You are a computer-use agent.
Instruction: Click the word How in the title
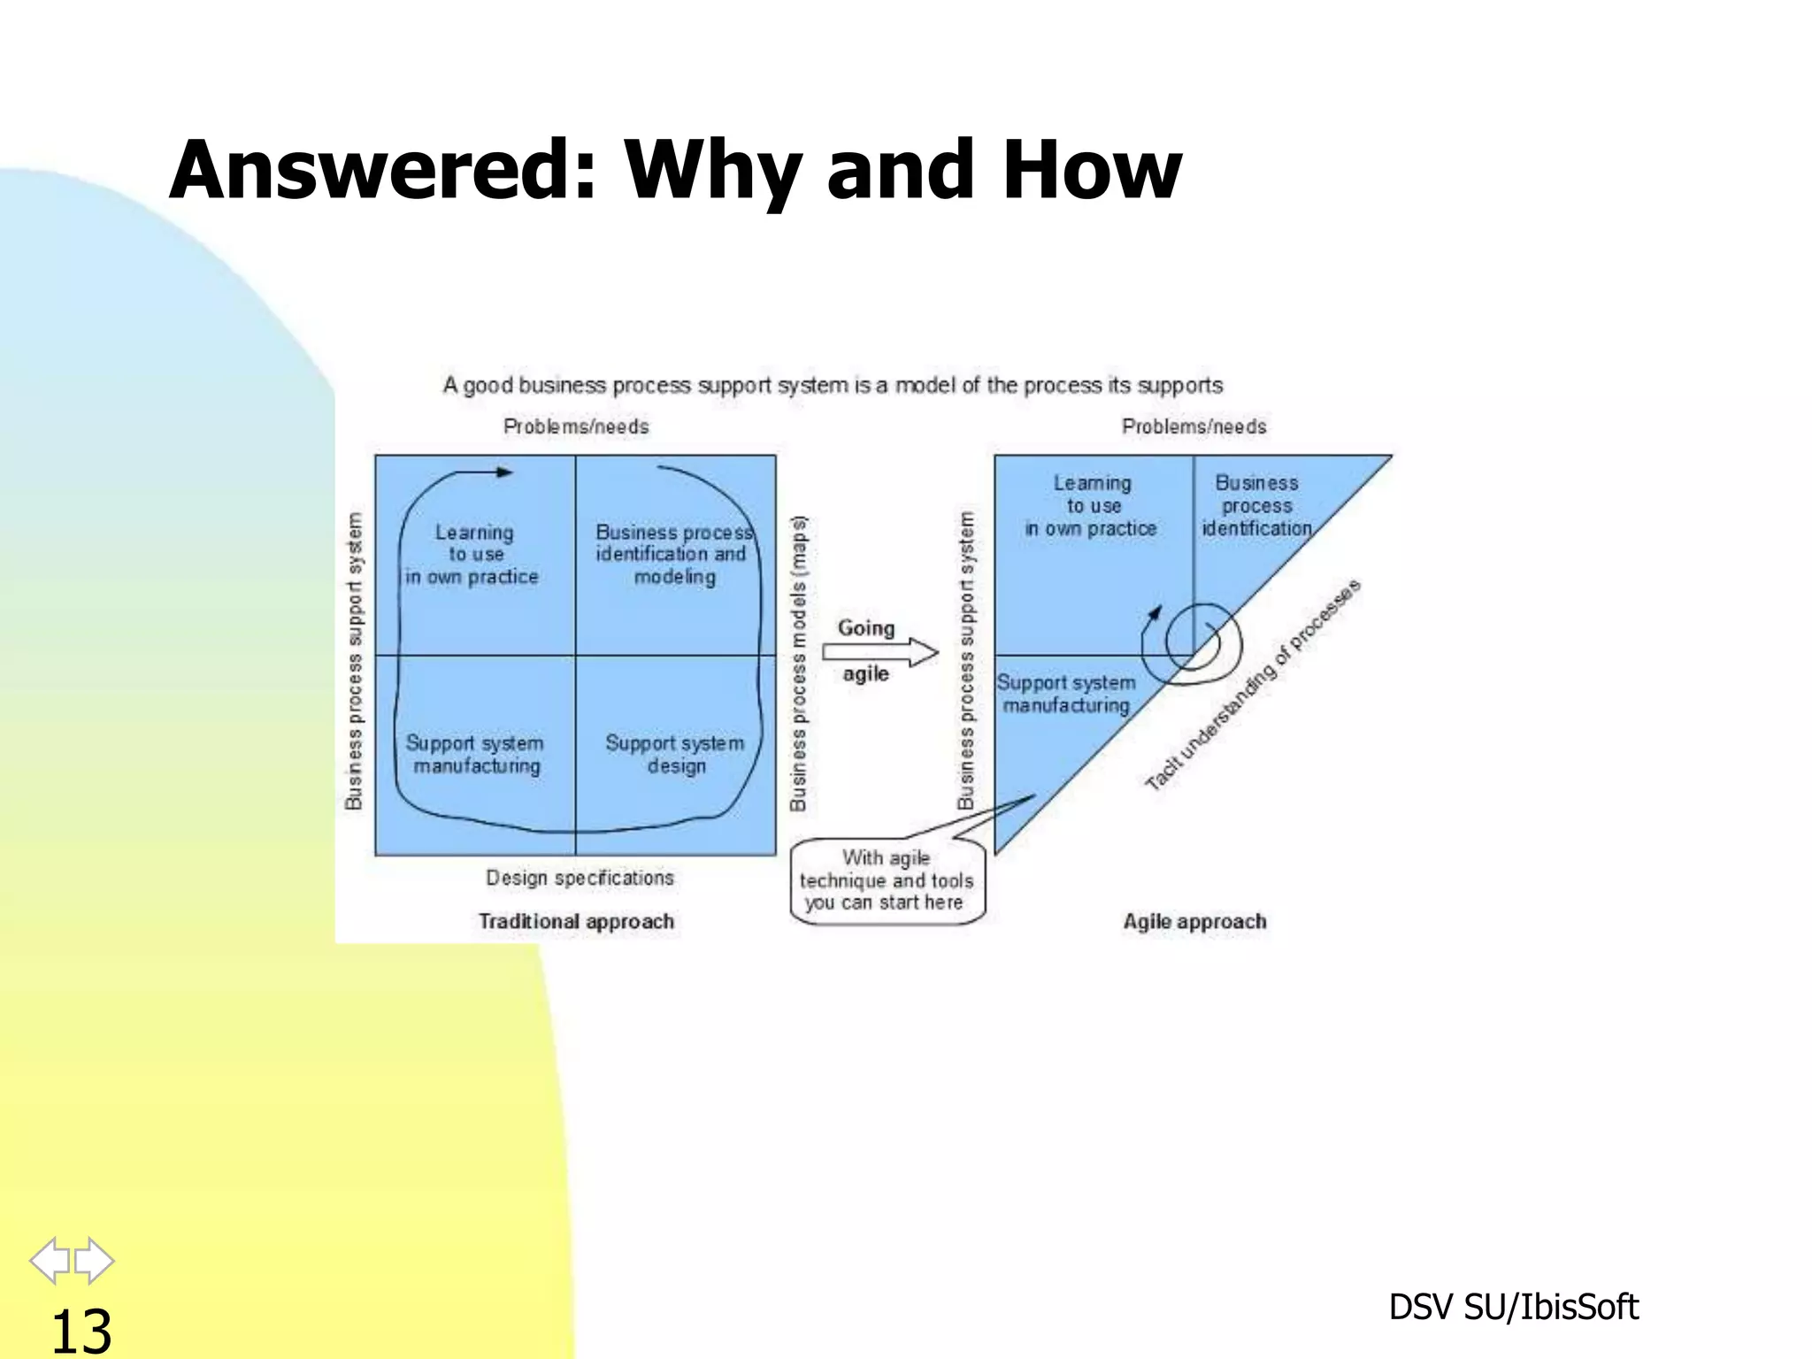point(1092,170)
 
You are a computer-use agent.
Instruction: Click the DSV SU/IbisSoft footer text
point(1513,1307)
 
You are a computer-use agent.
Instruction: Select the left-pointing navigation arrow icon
point(50,1260)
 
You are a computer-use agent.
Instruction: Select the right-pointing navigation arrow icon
point(94,1260)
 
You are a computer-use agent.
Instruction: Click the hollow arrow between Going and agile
point(879,652)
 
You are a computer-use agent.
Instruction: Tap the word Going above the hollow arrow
point(865,628)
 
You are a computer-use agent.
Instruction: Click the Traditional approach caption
point(576,921)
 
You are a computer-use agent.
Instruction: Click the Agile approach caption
point(1194,921)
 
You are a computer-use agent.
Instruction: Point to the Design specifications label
point(580,878)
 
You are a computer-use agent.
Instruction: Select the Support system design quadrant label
point(675,754)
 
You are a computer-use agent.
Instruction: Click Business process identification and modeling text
point(673,555)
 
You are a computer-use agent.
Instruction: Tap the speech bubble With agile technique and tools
point(887,880)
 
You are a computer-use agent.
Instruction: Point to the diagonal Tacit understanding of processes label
point(1252,686)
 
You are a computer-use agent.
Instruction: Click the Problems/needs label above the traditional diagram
point(576,426)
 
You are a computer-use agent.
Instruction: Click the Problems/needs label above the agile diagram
point(1194,426)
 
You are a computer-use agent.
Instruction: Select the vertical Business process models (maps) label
point(799,664)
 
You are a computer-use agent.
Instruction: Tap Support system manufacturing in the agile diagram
point(1065,694)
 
